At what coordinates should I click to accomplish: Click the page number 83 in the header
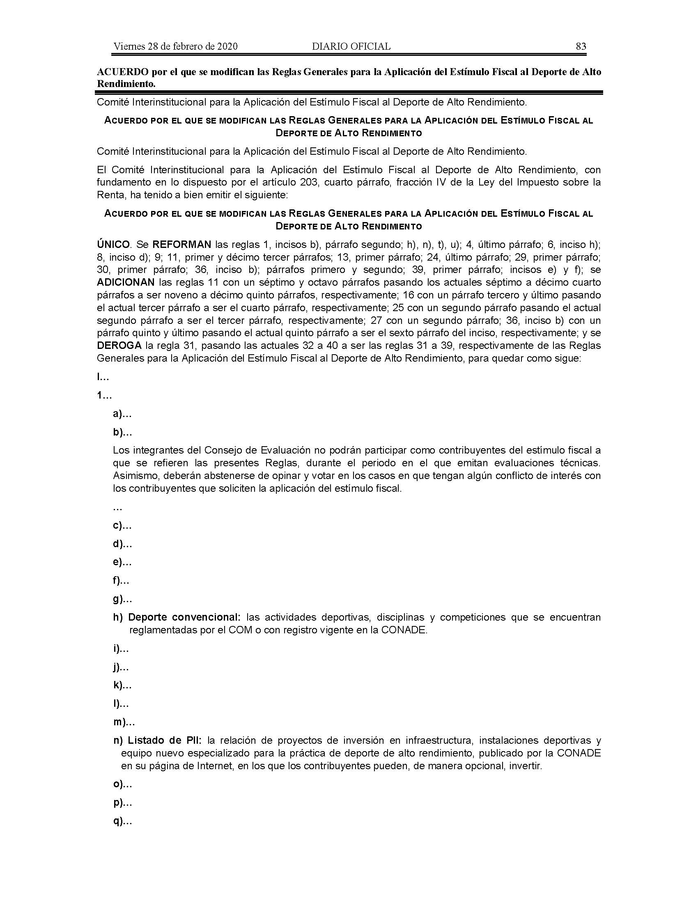point(581,46)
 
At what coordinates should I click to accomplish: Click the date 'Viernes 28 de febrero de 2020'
point(175,46)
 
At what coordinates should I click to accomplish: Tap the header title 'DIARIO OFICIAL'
point(351,46)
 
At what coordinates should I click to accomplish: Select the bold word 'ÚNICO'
point(113,244)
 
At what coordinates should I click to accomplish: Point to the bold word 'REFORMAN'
point(182,244)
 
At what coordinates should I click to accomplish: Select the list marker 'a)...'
point(122,414)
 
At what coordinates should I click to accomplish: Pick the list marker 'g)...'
point(122,599)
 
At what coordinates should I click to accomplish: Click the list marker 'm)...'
point(124,722)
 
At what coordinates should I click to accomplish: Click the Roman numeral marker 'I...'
point(103,377)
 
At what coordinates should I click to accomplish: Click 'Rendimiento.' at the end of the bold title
point(126,83)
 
